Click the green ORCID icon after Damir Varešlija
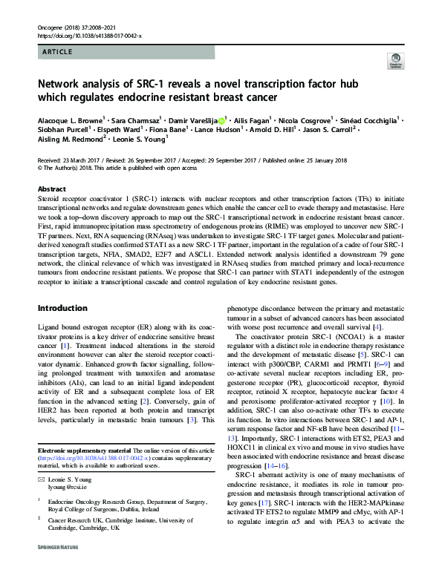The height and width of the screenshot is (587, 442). click(x=222, y=118)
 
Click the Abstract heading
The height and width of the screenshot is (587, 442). click(x=51, y=189)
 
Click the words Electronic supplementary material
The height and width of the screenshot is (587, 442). click(x=84, y=452)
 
